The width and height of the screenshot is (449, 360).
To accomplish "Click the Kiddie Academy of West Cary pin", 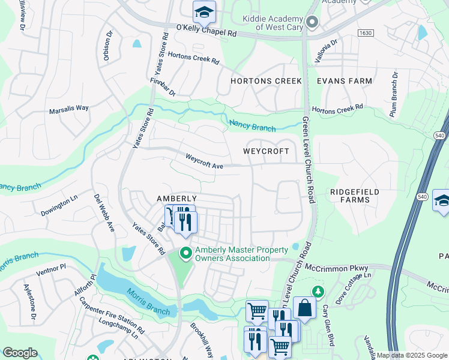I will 312,23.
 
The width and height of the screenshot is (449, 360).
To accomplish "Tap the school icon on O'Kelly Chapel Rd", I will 203,11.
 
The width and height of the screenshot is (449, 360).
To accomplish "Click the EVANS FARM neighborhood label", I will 345,81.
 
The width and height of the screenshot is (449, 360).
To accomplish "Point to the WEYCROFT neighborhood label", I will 266,152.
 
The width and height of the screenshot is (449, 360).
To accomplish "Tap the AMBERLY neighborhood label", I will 176,199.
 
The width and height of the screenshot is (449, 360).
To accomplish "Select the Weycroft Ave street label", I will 204,161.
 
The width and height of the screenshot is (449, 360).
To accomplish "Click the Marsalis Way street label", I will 69,108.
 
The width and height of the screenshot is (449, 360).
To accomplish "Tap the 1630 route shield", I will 366,32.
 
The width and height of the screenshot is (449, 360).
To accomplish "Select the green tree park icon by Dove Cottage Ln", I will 319,292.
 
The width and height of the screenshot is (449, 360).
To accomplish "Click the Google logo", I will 20,353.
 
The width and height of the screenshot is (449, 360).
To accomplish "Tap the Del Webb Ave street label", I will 104,213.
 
